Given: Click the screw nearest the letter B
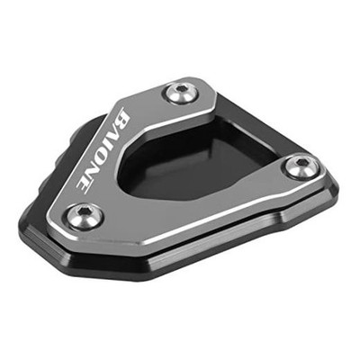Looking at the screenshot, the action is pos(180,91).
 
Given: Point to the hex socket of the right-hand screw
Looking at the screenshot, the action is pos(300,163).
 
